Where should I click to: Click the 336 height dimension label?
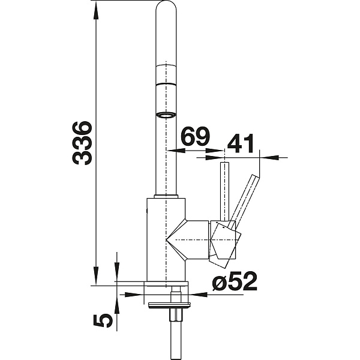82,143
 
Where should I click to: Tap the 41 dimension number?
240,143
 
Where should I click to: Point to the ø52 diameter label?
235,281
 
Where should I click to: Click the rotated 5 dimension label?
103,320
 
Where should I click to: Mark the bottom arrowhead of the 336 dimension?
96,277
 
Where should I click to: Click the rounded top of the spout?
166,7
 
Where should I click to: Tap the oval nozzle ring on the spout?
166,115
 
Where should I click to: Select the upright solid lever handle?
224,192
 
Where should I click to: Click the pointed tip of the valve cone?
166,239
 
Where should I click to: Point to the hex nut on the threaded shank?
176,315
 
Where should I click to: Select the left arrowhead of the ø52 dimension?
134,295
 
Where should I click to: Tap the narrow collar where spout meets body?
166,196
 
